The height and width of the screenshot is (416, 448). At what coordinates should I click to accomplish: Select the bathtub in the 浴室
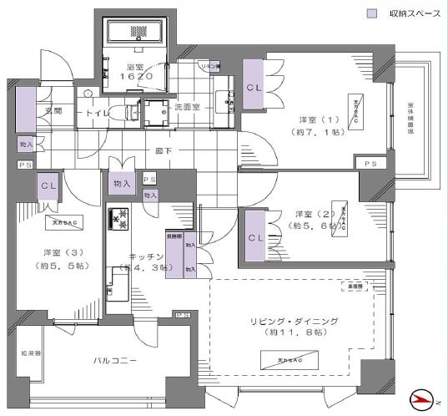tap(136, 30)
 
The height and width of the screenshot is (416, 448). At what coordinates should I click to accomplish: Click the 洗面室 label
tap(188, 107)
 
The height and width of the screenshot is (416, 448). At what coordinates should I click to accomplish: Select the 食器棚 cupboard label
tap(174, 236)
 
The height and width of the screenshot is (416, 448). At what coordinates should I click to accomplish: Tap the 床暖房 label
tap(354, 287)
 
